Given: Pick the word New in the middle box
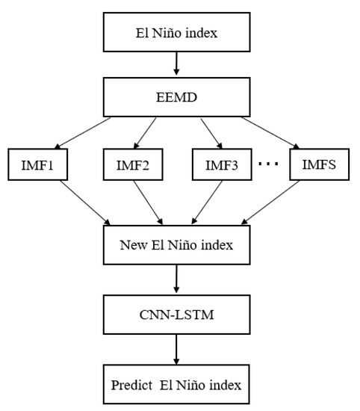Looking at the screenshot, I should (132, 244).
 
